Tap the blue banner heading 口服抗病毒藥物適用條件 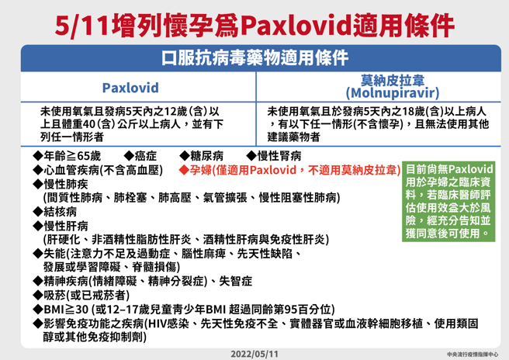click(254, 58)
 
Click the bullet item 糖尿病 click(206, 154)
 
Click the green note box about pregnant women click(451, 200)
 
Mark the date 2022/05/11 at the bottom click(255, 353)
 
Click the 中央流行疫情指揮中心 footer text click(473, 354)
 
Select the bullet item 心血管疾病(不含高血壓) click(101, 168)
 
